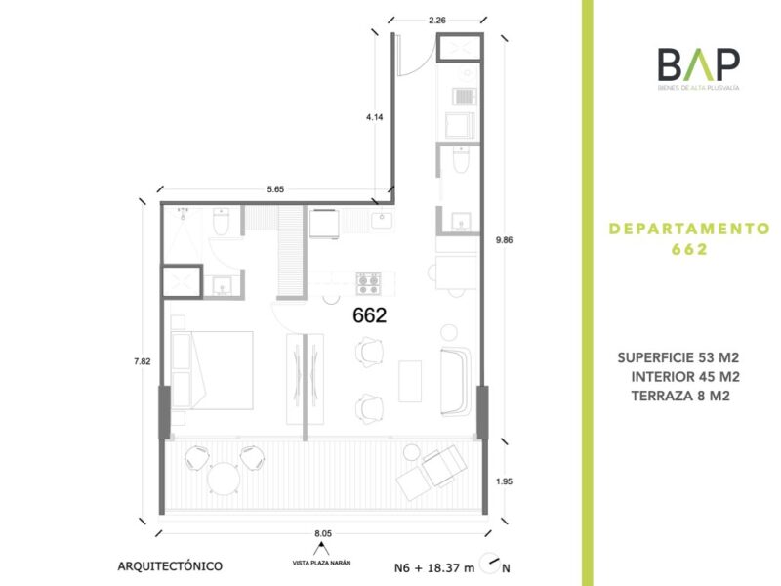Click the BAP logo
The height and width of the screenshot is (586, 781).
(x=698, y=68)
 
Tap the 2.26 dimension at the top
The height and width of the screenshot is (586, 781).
(x=436, y=21)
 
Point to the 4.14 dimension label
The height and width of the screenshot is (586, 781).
(x=375, y=117)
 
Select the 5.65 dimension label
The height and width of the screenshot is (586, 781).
(x=275, y=189)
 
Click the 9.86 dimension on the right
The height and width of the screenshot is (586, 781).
(x=505, y=239)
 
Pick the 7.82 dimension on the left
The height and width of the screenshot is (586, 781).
(x=142, y=361)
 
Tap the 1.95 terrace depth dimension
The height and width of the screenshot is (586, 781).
(x=504, y=481)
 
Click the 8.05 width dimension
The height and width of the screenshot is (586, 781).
(x=323, y=533)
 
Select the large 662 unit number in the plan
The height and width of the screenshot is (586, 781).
(x=370, y=314)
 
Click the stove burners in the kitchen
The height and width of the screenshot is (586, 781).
(x=369, y=283)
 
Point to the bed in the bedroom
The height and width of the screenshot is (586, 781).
(x=212, y=370)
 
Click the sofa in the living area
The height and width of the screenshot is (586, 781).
(x=456, y=382)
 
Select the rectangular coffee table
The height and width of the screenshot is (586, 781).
(x=410, y=382)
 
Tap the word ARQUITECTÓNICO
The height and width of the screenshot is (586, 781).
(x=170, y=566)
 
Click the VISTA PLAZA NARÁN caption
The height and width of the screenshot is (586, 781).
(x=321, y=564)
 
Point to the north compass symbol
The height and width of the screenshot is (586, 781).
(x=489, y=564)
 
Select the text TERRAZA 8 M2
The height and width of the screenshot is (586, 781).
(x=680, y=397)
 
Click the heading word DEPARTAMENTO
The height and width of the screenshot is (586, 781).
(x=689, y=229)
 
